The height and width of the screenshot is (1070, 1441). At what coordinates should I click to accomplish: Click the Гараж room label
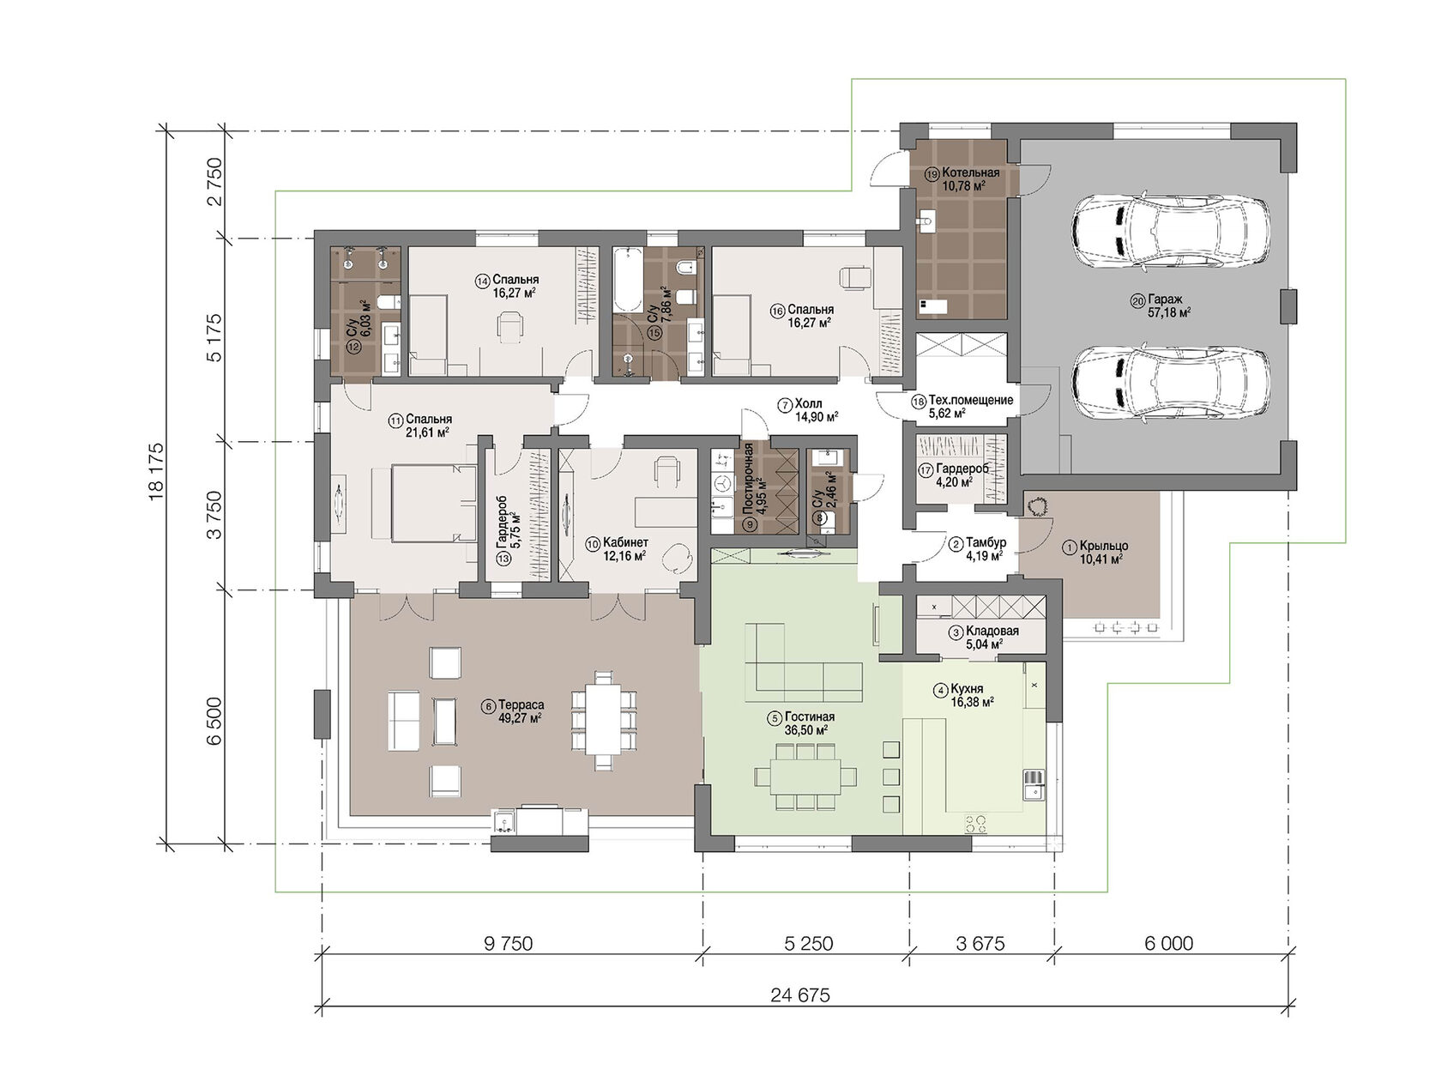[1165, 299]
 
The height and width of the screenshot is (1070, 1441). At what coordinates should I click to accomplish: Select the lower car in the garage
[1170, 384]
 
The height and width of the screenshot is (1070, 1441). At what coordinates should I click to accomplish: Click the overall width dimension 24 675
[800, 994]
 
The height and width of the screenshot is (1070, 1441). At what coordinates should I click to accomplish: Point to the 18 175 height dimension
[157, 472]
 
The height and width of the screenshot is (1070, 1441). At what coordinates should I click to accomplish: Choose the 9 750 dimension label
[508, 943]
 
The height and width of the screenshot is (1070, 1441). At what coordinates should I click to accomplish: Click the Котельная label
[971, 173]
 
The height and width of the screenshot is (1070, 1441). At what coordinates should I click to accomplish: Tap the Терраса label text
[521, 704]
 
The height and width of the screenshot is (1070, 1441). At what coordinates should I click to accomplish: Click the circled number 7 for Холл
[785, 405]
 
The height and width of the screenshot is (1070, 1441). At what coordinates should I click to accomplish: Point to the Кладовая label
[992, 631]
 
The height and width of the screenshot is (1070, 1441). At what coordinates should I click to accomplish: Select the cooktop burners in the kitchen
[976, 824]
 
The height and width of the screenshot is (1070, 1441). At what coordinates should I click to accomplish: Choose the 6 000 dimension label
[1169, 943]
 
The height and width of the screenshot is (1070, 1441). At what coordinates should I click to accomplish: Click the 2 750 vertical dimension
[214, 181]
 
